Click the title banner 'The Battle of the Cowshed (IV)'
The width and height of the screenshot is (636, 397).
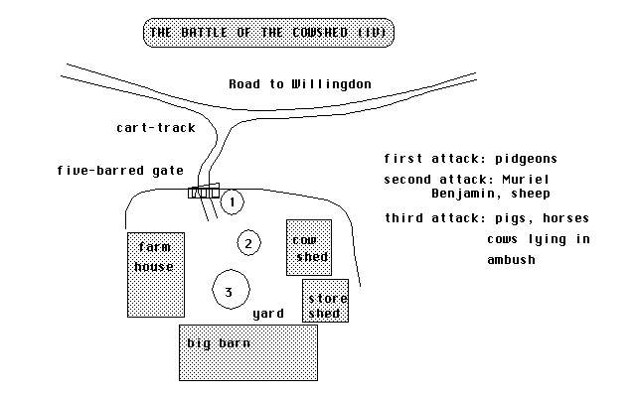[x=270, y=33]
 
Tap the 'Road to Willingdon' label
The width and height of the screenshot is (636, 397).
[x=300, y=84]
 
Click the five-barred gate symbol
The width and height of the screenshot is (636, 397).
[x=203, y=192]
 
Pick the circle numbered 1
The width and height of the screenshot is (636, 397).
[x=231, y=202]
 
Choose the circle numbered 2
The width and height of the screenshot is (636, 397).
[x=249, y=241]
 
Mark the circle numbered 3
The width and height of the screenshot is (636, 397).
[x=230, y=291]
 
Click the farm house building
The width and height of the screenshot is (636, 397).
[x=156, y=274]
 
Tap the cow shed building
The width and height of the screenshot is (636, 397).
[x=309, y=248]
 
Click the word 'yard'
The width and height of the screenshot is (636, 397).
[x=268, y=314]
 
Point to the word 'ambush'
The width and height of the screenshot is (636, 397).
[x=511, y=260]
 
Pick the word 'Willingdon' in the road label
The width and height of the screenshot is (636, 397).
[x=332, y=84]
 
